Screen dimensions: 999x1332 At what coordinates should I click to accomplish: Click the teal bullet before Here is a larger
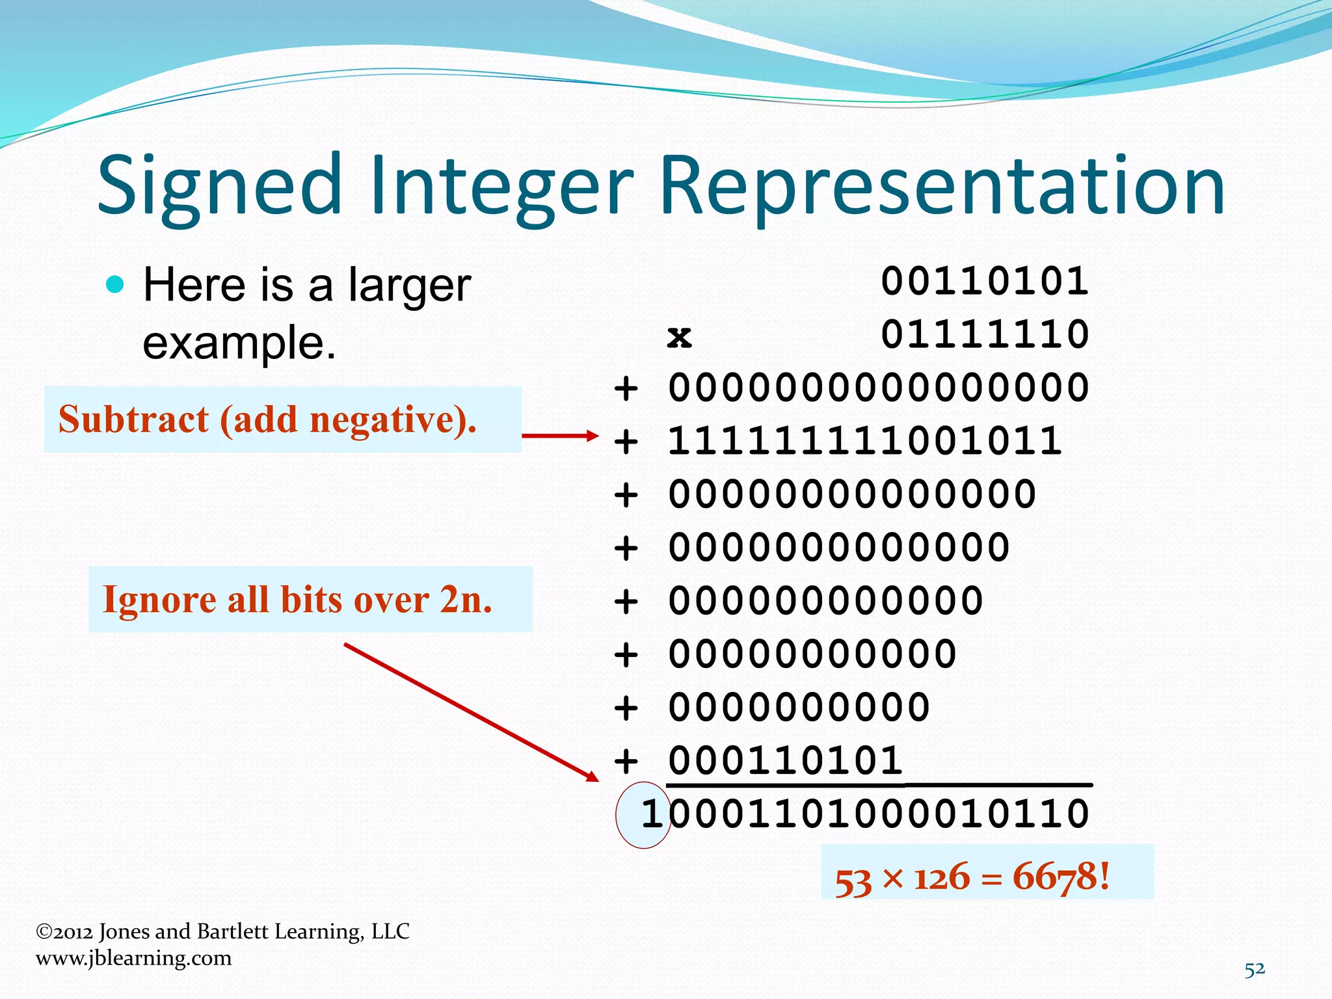pyautogui.click(x=114, y=285)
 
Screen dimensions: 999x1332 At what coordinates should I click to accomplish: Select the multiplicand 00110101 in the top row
pyautogui.click(x=985, y=282)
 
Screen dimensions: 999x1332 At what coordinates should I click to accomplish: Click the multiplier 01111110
pyautogui.click(x=985, y=335)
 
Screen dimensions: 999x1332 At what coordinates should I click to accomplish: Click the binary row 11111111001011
pyautogui.click(x=865, y=442)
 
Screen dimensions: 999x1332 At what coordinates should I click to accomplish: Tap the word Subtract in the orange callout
pyautogui.click(x=133, y=420)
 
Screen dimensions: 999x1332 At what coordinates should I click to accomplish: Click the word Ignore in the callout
pyautogui.click(x=159, y=600)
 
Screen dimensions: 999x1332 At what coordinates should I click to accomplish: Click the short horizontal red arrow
pyautogui.click(x=559, y=436)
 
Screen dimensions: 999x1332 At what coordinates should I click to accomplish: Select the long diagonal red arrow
pyautogui.click(x=471, y=712)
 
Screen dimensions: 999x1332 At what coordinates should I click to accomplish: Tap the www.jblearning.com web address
pyautogui.click(x=134, y=958)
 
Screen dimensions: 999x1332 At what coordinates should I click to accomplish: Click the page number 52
pyautogui.click(x=1255, y=969)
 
